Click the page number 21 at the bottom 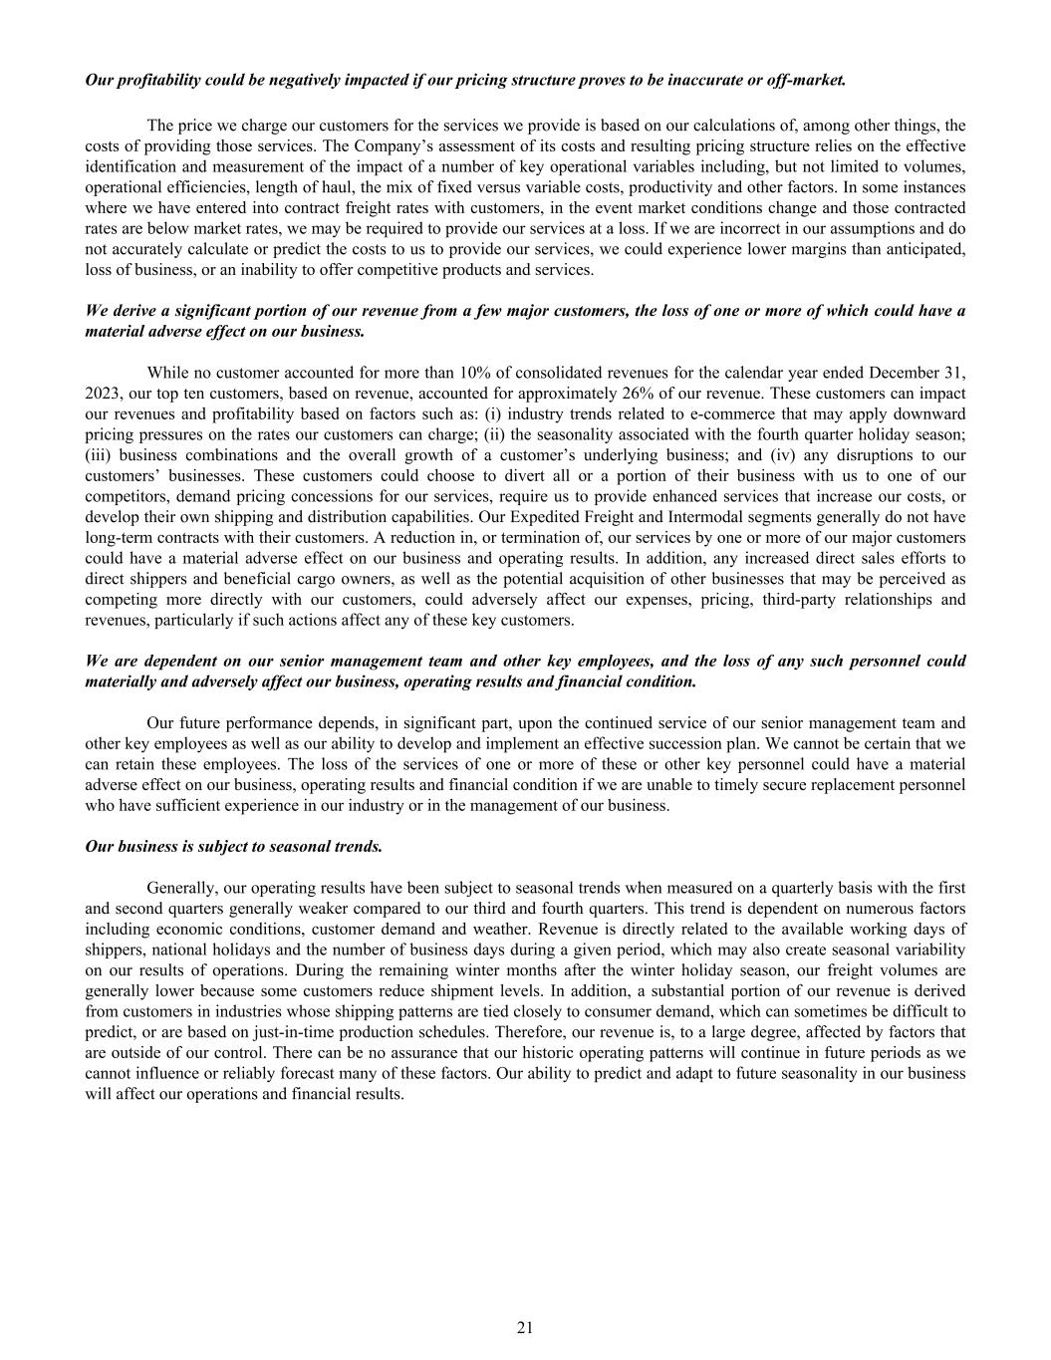(525, 1327)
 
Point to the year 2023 (104, 394)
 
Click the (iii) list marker (99, 455)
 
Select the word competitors (125, 496)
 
